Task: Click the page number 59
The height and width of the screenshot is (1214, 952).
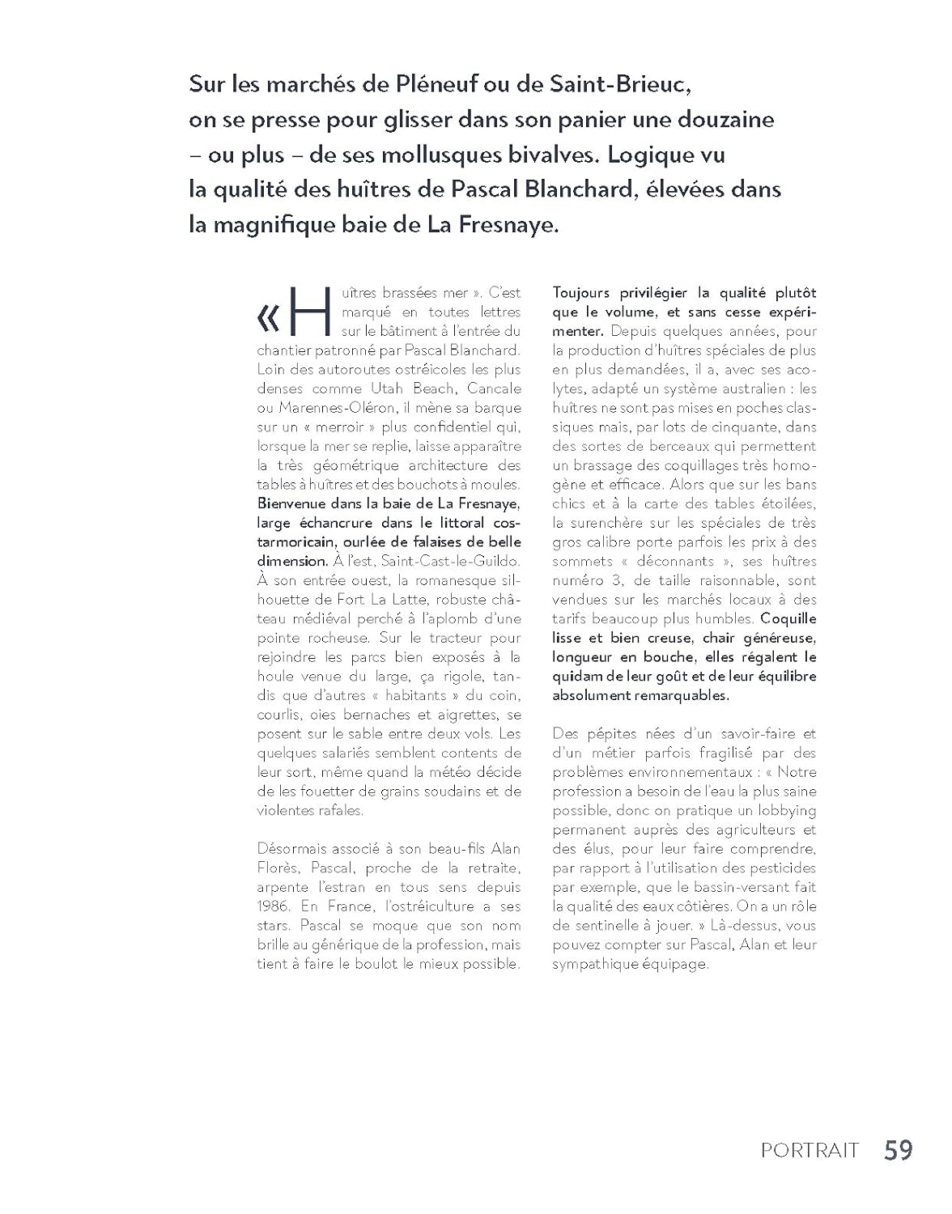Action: pos(898,1150)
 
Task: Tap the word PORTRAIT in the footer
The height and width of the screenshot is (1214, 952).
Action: pos(810,1151)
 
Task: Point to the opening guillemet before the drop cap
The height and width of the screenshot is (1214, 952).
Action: pos(268,320)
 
